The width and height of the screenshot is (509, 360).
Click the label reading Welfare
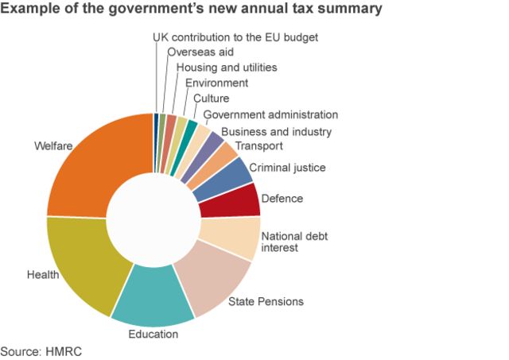coord(52,146)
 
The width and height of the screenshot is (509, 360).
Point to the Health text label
coord(43,275)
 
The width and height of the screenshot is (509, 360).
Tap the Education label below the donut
coord(153,334)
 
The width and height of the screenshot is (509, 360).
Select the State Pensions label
coord(266,302)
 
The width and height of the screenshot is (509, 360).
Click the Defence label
coord(282,198)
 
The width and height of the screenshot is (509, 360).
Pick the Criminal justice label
coord(287,168)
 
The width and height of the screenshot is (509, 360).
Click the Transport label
coord(259,146)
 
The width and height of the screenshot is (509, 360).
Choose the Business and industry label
coord(276,131)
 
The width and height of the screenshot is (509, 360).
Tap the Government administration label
coord(270,115)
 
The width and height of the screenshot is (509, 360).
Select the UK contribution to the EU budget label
coord(235,37)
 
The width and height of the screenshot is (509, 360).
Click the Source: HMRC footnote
coord(41,350)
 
